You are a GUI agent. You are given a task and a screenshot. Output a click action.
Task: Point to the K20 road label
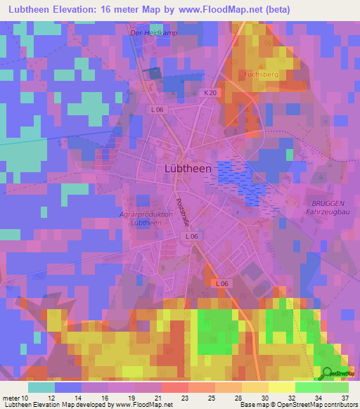click(x=210, y=93)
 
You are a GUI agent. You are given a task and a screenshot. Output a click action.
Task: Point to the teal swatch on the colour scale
click(x=41, y=387)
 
